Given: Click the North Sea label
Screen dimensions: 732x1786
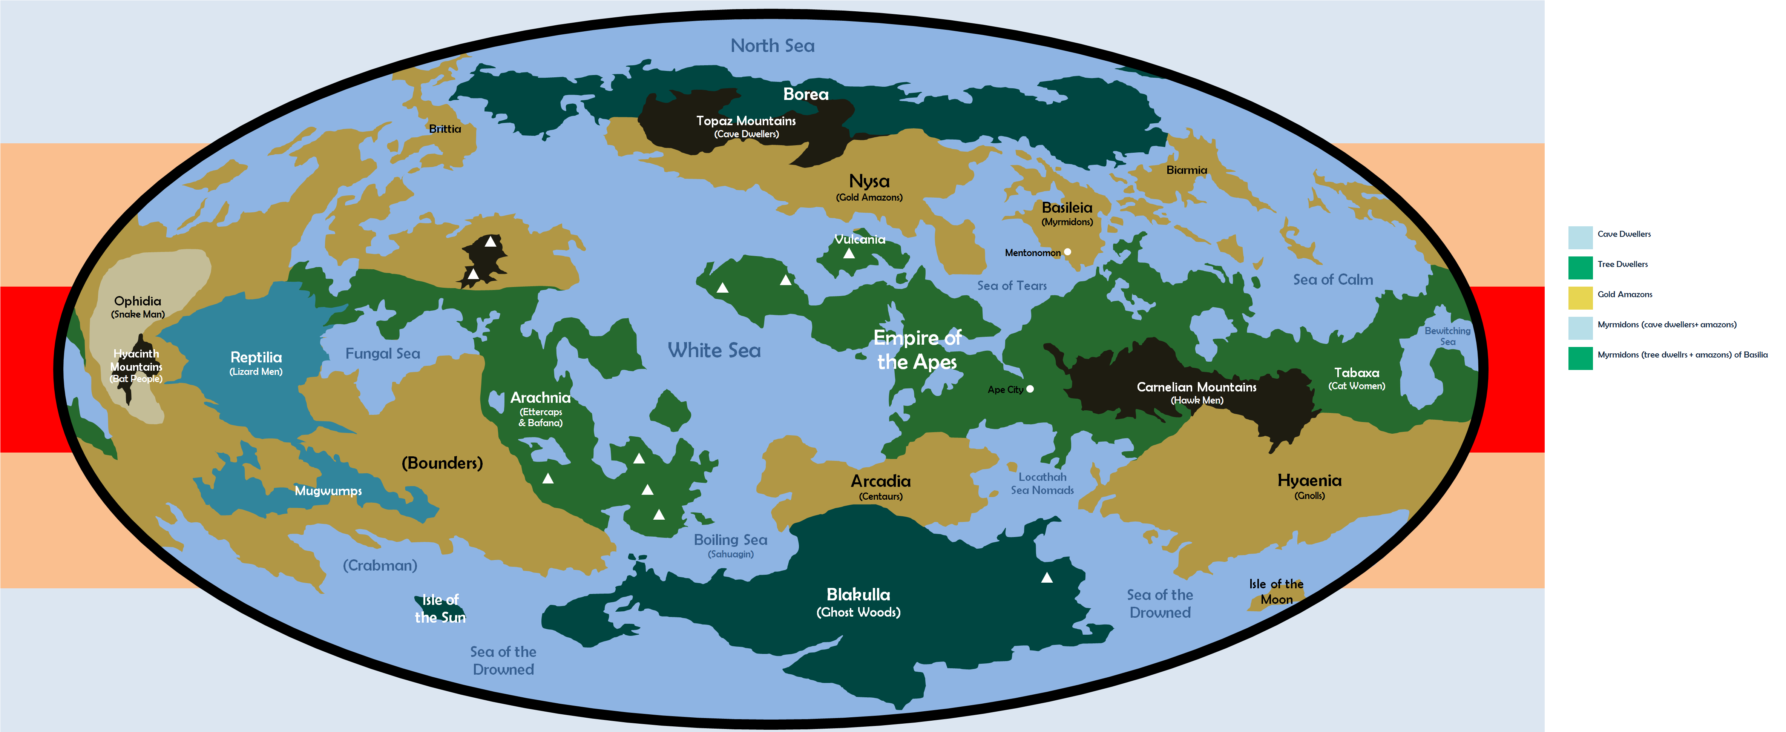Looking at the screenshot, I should pos(773,46).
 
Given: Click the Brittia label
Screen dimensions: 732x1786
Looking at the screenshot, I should pos(445,129).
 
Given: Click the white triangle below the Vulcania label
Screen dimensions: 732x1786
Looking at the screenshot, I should pos(849,254).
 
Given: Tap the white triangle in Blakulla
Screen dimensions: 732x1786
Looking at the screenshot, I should pos(1047,577).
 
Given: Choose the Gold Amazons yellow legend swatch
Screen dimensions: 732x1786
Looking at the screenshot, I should pos(1580,298).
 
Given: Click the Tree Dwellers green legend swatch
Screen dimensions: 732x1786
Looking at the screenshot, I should pos(1580,267).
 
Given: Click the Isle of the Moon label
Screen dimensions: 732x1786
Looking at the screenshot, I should pos(1276,591).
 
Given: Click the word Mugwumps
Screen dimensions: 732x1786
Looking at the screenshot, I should pos(328,491).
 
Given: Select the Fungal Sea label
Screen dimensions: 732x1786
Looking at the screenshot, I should pos(383,353).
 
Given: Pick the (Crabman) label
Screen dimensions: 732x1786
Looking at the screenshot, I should pos(380,566).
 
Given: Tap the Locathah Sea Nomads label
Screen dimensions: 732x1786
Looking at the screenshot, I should pos(1042,483).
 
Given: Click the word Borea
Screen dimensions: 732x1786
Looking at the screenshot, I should pos(806,94).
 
